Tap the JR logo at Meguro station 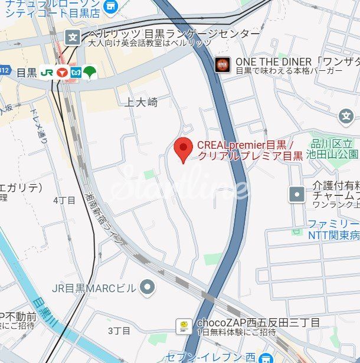(48, 72)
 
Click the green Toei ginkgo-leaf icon (90, 72)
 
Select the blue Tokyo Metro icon (76, 72)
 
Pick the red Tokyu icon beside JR (63, 72)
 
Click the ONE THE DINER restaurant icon (222, 64)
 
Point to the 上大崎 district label (142, 102)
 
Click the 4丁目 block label (64, 200)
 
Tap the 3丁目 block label (119, 331)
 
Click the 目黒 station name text (27, 73)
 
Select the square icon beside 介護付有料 (297, 193)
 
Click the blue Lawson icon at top (110, 6)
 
